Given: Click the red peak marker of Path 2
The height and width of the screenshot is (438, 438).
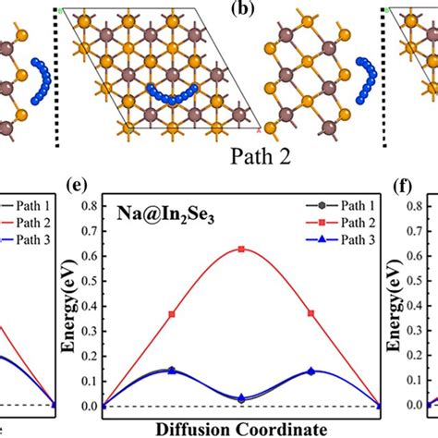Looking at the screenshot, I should [x=241, y=249].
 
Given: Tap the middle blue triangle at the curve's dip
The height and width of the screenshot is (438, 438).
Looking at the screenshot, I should [x=241, y=398].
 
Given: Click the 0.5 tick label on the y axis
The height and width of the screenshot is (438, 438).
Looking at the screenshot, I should [x=90, y=274].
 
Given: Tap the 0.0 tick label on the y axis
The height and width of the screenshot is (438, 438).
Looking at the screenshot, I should [x=90, y=406].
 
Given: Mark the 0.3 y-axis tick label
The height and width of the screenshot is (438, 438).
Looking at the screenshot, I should [x=90, y=327].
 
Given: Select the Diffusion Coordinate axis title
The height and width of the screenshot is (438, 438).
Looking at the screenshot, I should [x=241, y=429].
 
